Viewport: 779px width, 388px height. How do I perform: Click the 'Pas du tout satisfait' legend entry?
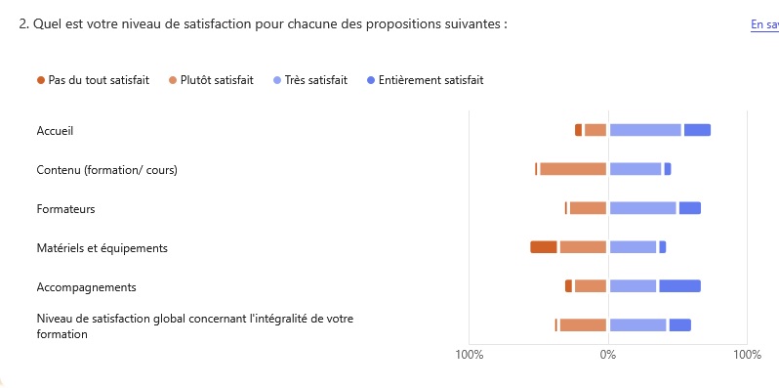pos(98,80)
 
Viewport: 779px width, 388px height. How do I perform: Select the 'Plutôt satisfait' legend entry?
pos(217,80)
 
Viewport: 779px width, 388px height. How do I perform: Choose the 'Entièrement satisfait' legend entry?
pos(430,80)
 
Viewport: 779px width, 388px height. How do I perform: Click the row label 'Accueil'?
pos(55,131)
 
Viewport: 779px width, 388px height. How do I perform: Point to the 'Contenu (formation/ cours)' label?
pos(106,170)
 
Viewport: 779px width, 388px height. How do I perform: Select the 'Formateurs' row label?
pos(65,209)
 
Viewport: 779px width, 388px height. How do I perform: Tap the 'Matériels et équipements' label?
pos(102,248)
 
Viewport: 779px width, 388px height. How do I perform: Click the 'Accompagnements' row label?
pos(86,287)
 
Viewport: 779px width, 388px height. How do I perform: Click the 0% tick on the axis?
pos(607,354)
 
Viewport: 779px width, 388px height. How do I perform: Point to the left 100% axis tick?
pos(470,354)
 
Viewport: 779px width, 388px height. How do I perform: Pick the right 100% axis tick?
pos(747,354)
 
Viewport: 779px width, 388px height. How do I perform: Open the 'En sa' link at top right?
pos(763,24)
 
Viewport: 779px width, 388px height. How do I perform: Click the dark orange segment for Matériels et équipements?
pos(544,247)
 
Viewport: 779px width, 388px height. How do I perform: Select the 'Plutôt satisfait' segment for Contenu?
pos(573,169)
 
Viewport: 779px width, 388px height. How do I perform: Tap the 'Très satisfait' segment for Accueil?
pos(645,130)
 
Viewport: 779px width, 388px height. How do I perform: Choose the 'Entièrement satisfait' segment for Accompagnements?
pos(680,286)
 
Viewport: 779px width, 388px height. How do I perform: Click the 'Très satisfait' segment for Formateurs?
pos(642,208)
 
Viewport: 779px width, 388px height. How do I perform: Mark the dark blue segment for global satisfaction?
pos(680,325)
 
